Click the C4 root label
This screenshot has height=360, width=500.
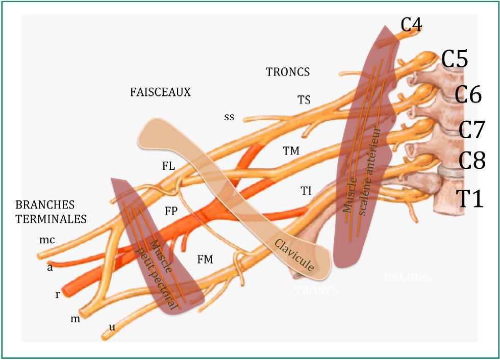pyautogui.click(x=411, y=24)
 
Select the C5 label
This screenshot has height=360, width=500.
pyautogui.click(x=455, y=60)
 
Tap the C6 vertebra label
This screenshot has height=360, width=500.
pyautogui.click(x=468, y=95)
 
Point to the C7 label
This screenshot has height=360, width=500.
pyautogui.click(x=471, y=130)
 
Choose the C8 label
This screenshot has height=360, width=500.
pyautogui.click(x=471, y=162)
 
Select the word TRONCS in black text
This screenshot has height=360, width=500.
pyautogui.click(x=288, y=72)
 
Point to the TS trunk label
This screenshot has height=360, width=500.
pyautogui.click(x=304, y=100)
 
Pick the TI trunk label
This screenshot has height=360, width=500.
pyautogui.click(x=306, y=191)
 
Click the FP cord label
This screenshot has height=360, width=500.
pyautogui.click(x=171, y=211)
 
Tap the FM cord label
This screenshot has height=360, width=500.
pyautogui.click(x=205, y=260)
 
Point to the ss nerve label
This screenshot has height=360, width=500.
pyautogui.click(x=229, y=117)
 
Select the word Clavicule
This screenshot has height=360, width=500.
pyautogui.click(x=294, y=253)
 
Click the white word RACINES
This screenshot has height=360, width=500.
pyautogui.click(x=408, y=277)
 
